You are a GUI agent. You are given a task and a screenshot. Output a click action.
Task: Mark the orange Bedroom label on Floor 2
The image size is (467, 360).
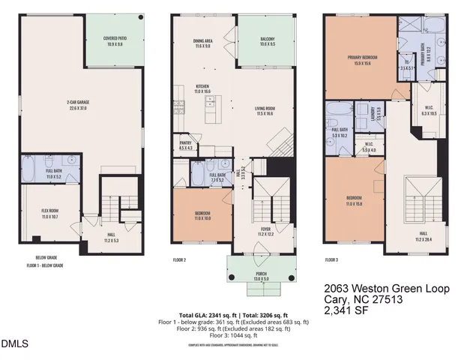[202, 215]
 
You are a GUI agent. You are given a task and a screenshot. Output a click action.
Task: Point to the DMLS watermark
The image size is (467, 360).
[13, 344]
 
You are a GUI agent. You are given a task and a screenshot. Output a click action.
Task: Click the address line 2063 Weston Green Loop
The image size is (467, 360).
[385, 288]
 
